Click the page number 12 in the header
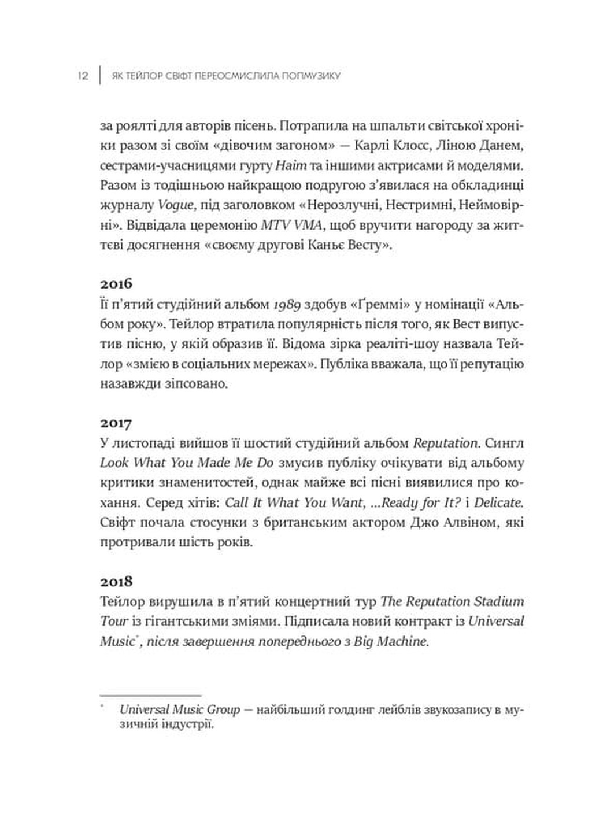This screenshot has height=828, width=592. [x=83, y=76]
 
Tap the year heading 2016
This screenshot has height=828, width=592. [x=116, y=284]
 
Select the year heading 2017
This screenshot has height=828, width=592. [x=116, y=423]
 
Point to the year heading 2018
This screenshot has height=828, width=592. [x=116, y=581]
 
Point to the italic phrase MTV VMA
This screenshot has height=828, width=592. [x=290, y=226]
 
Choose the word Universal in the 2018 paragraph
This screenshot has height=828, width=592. [x=496, y=621]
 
